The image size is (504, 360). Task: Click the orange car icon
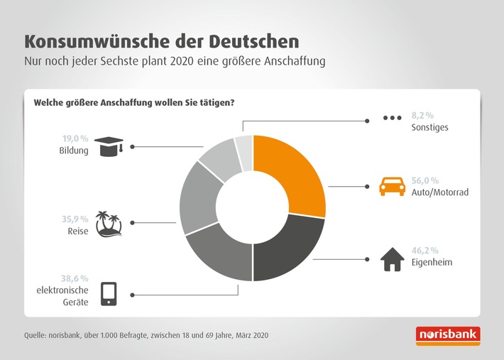(x=392, y=187)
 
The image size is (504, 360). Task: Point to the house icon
(x=392, y=260)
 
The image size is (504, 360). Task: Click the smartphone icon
(x=109, y=293)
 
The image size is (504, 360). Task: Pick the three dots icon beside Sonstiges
(x=392, y=119)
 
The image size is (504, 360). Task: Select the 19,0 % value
(x=75, y=139)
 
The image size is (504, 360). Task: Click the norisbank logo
(x=449, y=334)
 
